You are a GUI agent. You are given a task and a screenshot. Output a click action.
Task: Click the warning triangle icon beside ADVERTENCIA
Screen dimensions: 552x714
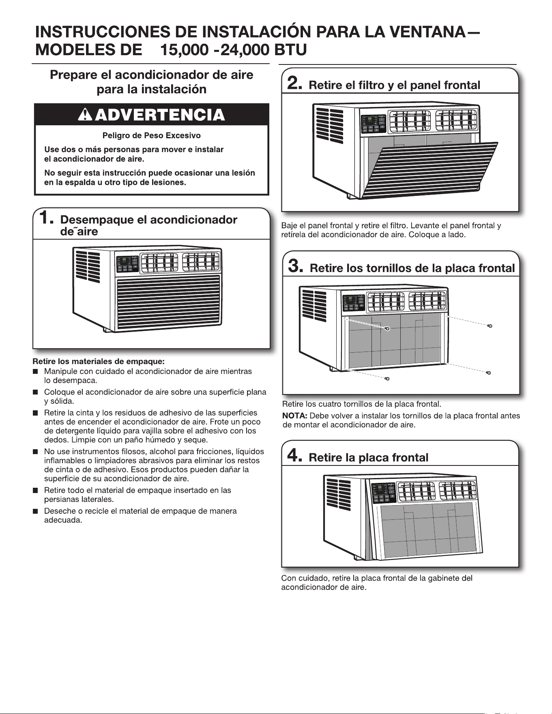tap(85, 115)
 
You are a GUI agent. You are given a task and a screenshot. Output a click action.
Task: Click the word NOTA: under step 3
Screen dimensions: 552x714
tap(295, 416)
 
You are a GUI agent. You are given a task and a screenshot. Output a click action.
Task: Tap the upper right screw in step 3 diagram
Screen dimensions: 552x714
tap(490, 326)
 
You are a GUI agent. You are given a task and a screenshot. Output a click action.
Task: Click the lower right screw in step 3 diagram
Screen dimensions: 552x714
tap(490, 373)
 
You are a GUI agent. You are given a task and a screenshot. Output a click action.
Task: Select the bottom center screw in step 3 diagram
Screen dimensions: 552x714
tap(387, 378)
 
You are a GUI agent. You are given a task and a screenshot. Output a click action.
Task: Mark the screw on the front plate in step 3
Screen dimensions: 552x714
tap(387, 329)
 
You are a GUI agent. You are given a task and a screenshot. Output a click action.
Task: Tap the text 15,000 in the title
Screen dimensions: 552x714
tap(189, 50)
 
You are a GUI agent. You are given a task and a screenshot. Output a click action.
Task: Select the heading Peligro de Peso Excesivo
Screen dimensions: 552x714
tap(151, 135)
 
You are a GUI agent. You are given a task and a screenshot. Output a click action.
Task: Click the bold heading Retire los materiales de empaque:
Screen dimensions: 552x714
tap(99, 361)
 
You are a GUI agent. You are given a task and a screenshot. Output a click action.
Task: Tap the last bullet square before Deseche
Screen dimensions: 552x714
tap(36, 511)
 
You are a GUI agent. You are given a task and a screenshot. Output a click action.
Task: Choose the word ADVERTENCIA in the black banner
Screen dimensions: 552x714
tap(160, 115)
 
